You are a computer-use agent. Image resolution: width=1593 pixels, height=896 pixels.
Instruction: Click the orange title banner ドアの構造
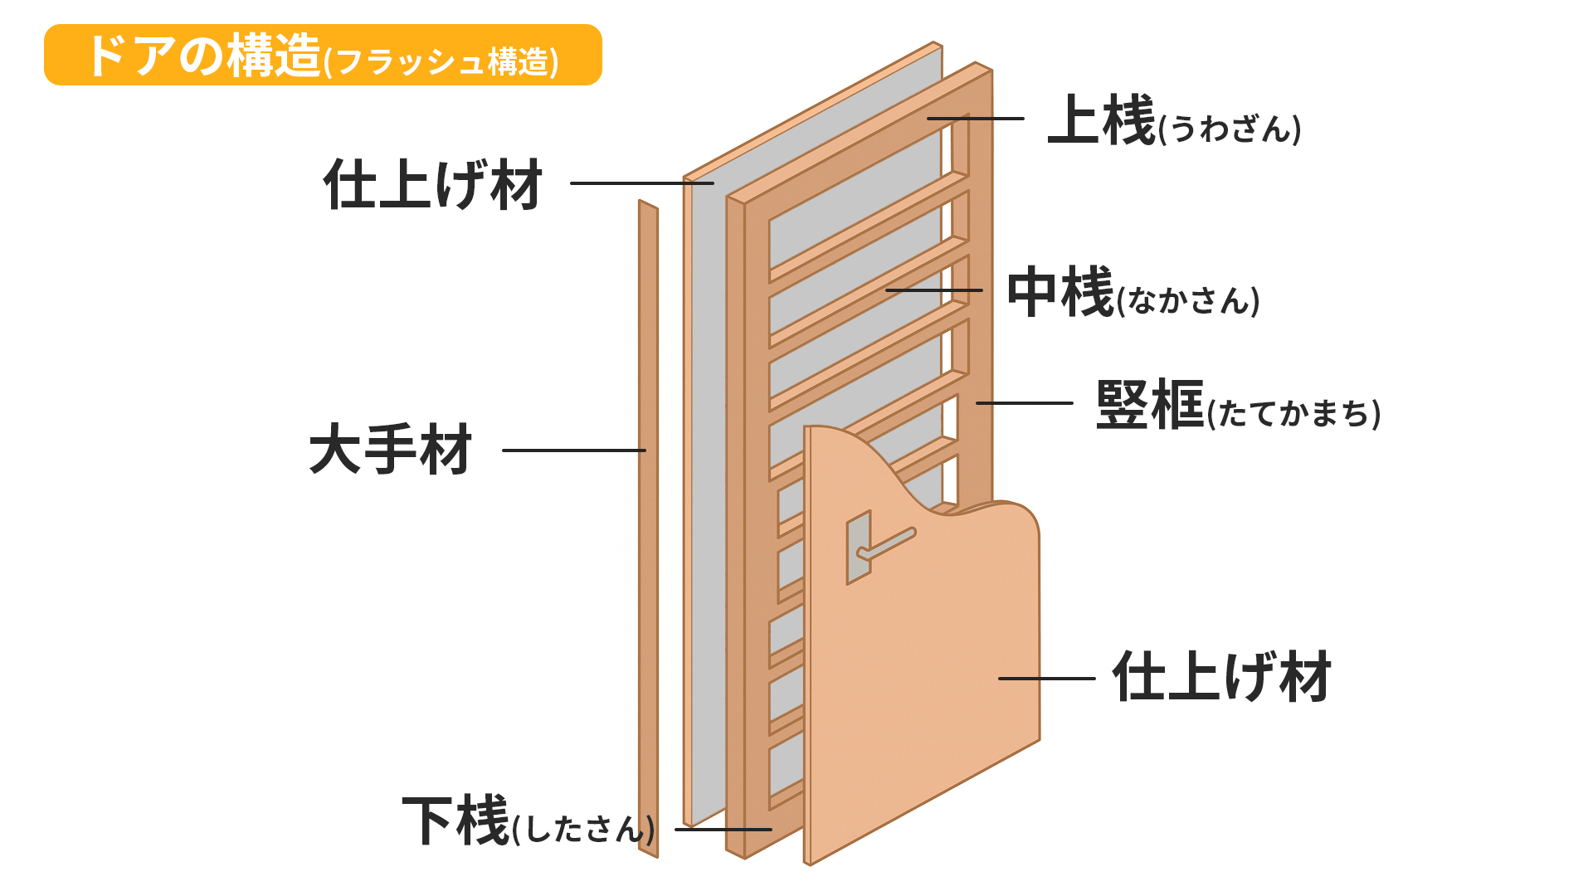tap(323, 55)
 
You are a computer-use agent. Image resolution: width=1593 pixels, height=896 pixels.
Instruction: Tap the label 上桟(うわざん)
tap(1173, 121)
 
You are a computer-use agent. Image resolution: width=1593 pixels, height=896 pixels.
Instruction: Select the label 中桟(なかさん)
tap(1133, 293)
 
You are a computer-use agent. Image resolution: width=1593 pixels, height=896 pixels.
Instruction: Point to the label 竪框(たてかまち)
tap(1237, 406)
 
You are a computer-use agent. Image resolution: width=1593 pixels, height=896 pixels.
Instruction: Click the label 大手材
tap(390, 450)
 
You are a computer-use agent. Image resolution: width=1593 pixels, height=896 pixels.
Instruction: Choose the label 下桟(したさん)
tap(528, 822)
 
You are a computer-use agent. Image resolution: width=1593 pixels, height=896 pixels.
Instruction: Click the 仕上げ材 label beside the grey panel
tap(433, 184)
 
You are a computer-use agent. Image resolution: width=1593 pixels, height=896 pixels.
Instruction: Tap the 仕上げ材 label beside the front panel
tap(1221, 677)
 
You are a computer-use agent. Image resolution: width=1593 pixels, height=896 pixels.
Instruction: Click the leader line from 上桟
tap(975, 119)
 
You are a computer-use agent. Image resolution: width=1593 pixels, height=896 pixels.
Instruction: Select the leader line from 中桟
tap(933, 290)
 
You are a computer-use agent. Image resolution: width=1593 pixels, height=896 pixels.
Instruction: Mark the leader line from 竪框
tap(1024, 403)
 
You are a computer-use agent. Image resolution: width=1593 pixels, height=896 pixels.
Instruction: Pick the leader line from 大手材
tap(573, 450)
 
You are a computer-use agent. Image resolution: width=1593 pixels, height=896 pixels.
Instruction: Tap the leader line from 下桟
tap(723, 829)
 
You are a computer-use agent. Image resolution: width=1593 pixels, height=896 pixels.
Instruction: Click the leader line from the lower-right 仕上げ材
tap(1046, 679)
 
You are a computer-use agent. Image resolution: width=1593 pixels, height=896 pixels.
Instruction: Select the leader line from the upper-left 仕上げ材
tap(641, 183)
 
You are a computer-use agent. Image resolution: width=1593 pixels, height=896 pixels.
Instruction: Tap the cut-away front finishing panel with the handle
tap(921, 664)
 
